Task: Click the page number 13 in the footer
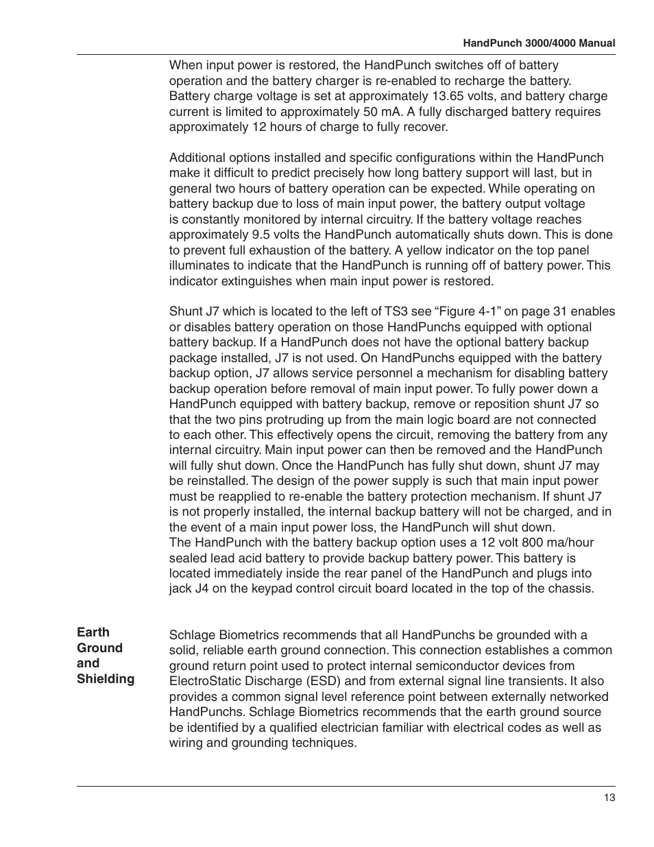[x=609, y=798]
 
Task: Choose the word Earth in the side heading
[x=93, y=632]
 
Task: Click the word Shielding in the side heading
[x=106, y=679]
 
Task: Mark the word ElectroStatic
[x=212, y=681]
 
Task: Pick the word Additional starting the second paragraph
[x=196, y=158]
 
